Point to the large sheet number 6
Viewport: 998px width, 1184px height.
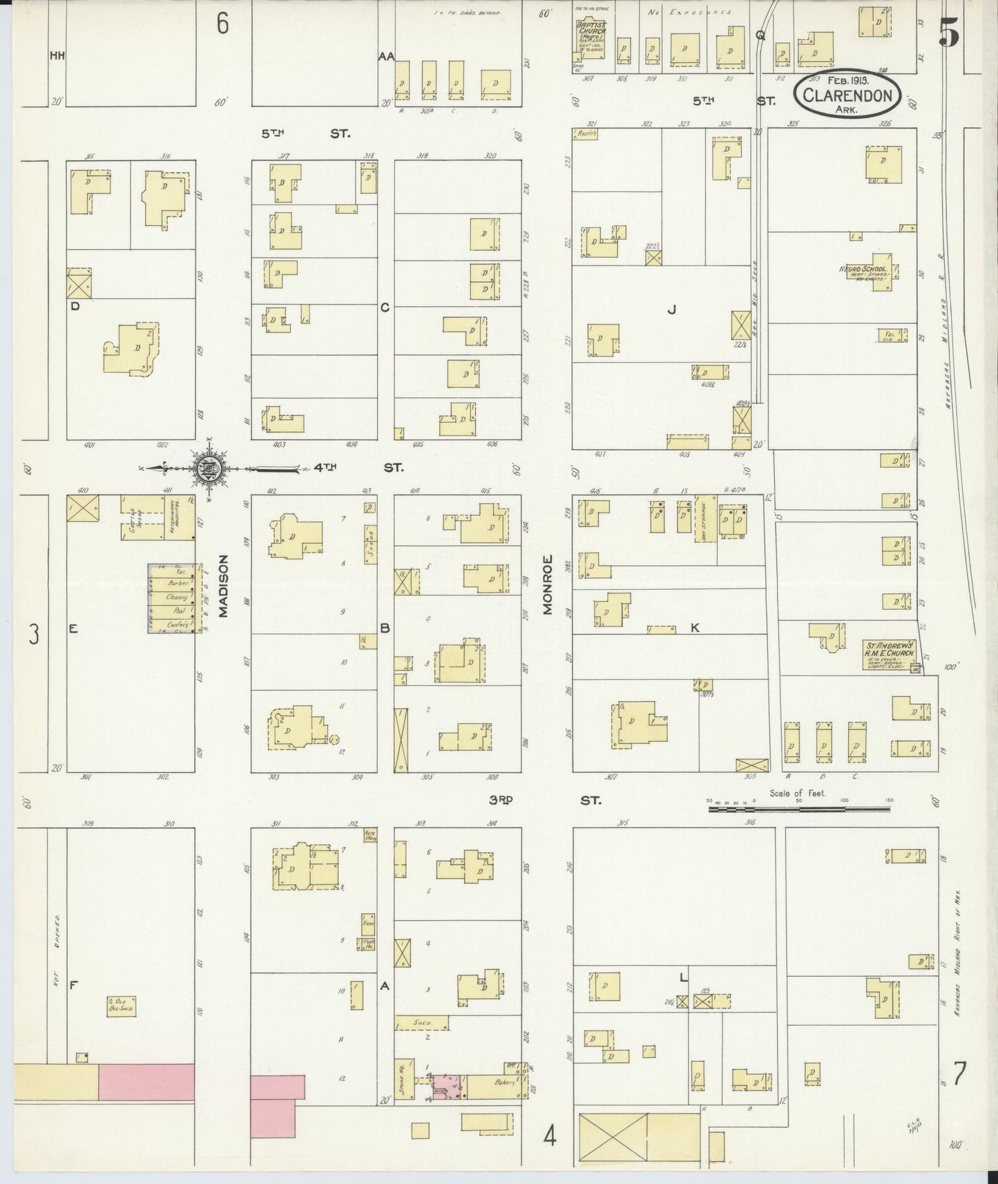point(222,24)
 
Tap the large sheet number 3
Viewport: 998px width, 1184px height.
point(33,633)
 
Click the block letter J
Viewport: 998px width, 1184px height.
point(671,310)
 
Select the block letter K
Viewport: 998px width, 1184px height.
point(695,628)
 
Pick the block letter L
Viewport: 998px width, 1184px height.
point(683,977)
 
